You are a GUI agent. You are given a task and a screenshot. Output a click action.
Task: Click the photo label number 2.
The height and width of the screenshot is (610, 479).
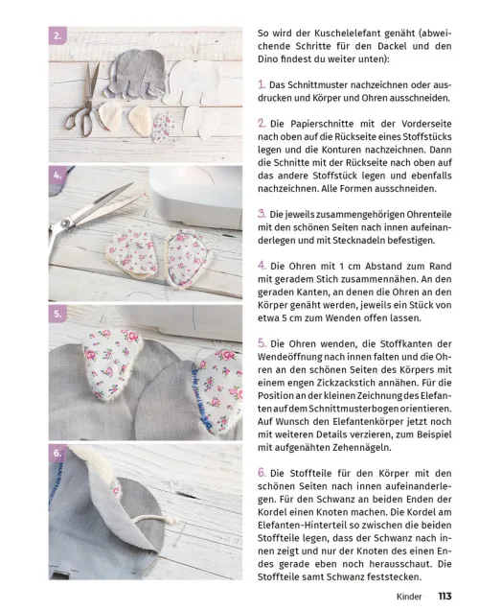pos(57,37)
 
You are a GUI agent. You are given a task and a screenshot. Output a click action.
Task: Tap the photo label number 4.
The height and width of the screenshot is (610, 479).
pos(57,176)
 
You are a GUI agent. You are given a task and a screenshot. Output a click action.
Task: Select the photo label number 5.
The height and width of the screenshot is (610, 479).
pos(57,314)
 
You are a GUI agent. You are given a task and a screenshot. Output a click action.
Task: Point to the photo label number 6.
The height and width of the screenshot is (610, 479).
pos(57,452)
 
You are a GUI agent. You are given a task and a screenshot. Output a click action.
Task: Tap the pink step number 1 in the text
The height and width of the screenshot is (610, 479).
pos(262,85)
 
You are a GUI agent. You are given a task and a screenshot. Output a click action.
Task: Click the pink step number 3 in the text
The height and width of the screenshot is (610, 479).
pos(262,212)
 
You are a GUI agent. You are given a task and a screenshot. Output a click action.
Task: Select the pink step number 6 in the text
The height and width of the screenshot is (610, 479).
pos(262,472)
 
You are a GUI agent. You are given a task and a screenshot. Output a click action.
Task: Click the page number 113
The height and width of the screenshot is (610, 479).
pos(445,596)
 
